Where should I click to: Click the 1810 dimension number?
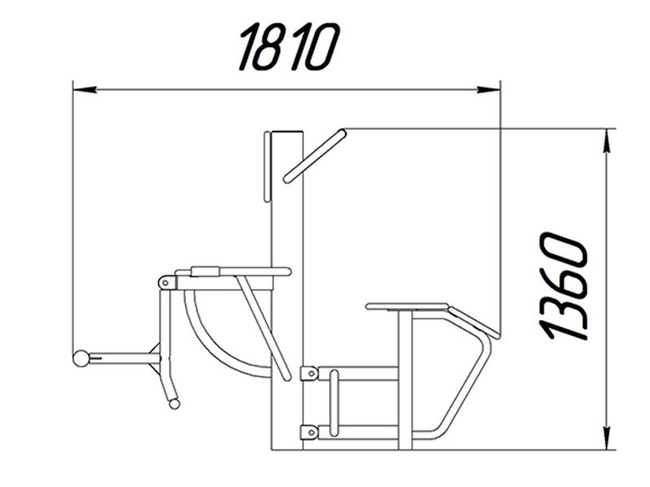289,47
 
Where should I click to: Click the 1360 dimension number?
564,287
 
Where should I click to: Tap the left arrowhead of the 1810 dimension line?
85,89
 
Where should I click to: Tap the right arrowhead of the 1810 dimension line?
488,89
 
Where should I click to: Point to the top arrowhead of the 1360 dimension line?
606,140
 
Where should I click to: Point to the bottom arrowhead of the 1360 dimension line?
606,437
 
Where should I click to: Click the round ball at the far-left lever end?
80,358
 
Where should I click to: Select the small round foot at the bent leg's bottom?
175,403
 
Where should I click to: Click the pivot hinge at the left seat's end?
166,282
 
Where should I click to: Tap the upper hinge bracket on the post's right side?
310,373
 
